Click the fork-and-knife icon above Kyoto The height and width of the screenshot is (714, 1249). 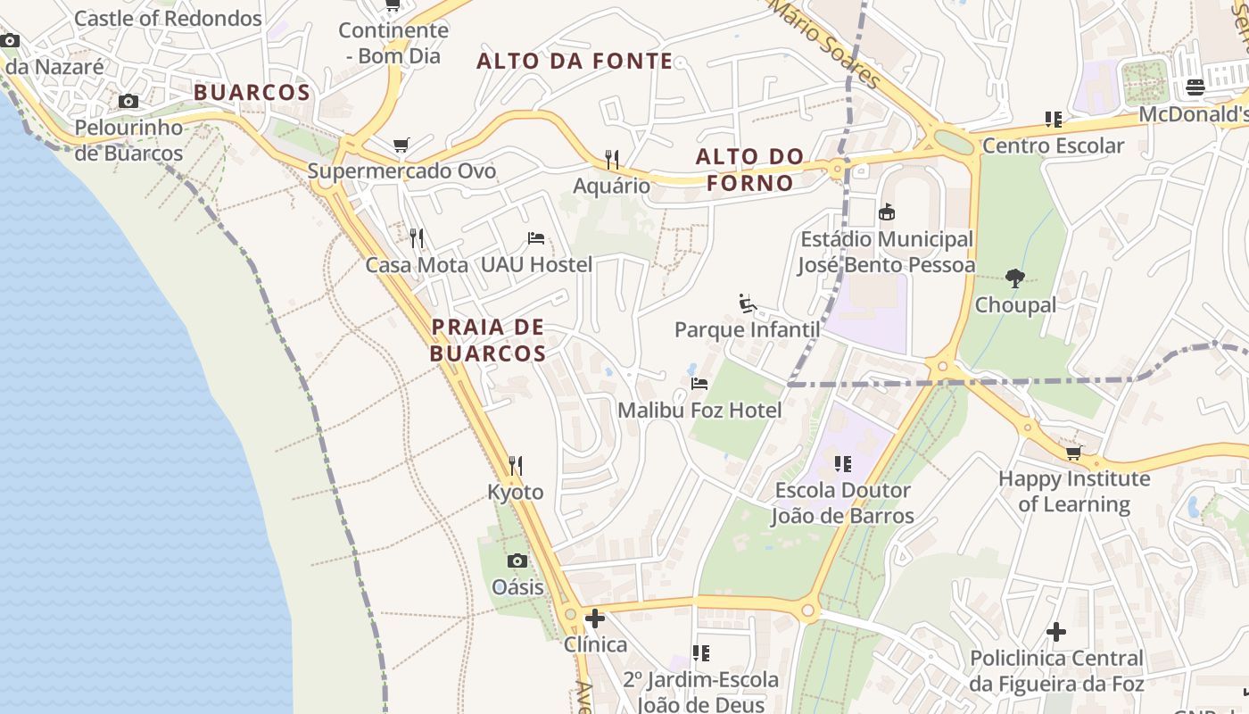point(516,465)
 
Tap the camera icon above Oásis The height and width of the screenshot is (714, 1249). point(517,560)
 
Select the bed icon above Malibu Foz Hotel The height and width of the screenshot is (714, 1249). point(699,384)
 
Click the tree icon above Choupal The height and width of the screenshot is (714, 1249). point(1014,278)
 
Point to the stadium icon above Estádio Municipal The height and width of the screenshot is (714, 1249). point(886,212)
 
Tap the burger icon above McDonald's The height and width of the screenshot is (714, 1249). point(1195,87)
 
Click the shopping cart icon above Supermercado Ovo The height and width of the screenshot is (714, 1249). point(401,145)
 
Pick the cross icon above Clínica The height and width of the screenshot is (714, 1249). point(595,618)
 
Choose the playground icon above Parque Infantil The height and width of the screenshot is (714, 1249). point(748,304)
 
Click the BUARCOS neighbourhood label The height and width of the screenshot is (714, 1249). point(252,92)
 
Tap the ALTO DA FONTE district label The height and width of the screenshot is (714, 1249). point(575,61)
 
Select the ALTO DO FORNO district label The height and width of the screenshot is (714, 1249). point(749,170)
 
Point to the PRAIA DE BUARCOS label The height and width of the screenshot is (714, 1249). point(488,340)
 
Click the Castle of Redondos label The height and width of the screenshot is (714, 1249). point(168,18)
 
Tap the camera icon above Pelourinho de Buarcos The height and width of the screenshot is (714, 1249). point(128,102)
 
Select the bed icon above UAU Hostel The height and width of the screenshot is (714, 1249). point(535,238)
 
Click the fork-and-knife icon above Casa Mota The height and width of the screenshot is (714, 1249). point(417,237)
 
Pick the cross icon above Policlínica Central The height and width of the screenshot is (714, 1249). point(1056,632)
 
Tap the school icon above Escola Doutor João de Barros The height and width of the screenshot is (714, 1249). point(842,464)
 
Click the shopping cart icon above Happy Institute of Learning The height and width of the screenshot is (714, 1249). point(1074,452)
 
